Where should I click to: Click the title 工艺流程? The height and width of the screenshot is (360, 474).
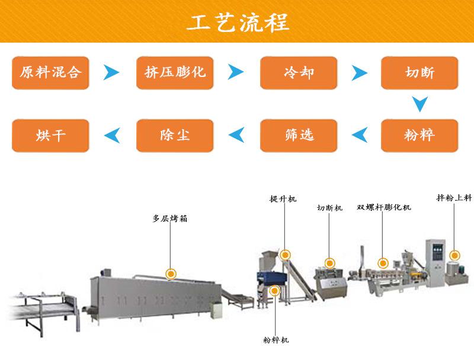[238, 22]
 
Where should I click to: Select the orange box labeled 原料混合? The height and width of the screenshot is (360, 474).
[50, 73]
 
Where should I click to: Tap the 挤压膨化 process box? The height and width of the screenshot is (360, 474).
[175, 73]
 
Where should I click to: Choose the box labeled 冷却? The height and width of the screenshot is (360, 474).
[299, 73]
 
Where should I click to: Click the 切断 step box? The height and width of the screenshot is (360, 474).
[419, 73]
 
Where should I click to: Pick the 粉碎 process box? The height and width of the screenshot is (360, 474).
[419, 136]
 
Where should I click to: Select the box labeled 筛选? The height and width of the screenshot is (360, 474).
[299, 136]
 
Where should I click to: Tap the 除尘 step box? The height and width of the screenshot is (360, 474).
[175, 136]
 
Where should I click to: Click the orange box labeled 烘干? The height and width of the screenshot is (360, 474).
[50, 136]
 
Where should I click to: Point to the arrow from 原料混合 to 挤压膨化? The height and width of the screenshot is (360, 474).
[111, 73]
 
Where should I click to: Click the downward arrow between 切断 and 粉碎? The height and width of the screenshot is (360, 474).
[420, 105]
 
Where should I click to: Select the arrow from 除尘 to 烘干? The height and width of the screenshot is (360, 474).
[111, 136]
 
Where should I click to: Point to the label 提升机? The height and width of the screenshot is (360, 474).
[283, 200]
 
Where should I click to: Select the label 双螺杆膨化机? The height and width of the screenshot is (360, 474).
[383, 208]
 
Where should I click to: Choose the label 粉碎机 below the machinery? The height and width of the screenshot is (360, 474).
[276, 340]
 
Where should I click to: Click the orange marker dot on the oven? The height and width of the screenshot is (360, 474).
[171, 273]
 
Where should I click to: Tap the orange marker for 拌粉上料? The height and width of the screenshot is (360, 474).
[455, 255]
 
